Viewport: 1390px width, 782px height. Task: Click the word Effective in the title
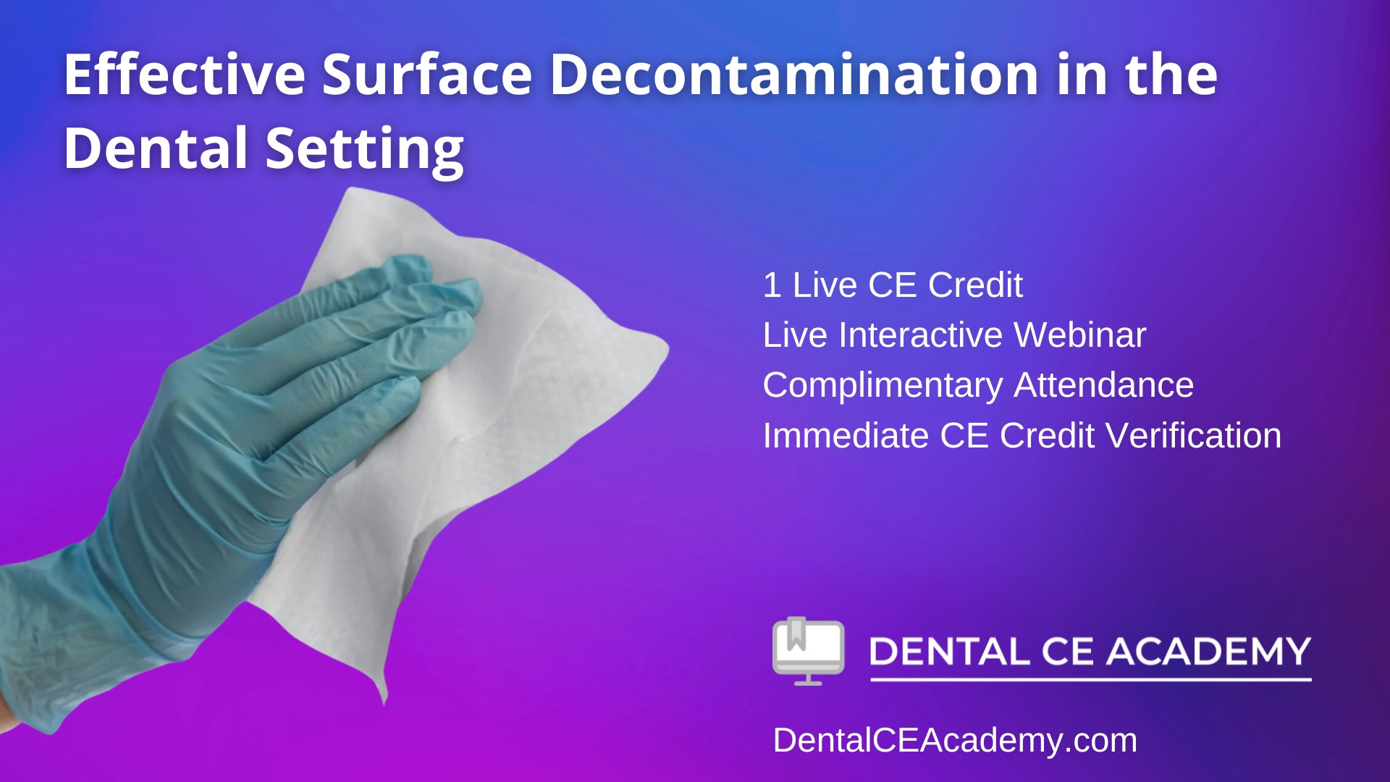[185, 74]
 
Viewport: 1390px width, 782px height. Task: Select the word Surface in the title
[427, 74]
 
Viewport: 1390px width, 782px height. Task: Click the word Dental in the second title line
[156, 148]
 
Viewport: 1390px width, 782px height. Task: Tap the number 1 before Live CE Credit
[772, 285]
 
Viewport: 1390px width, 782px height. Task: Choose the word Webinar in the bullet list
[1079, 335]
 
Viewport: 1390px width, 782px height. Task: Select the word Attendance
[1103, 385]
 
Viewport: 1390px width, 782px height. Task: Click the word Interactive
[920, 335]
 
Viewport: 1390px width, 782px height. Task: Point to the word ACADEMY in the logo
[1208, 651]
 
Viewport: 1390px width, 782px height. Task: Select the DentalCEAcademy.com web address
[955, 741]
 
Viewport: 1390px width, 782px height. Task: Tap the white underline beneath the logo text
[1090, 680]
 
